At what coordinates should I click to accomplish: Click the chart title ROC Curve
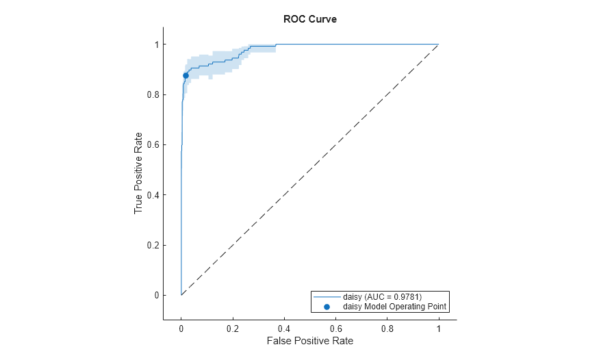point(309,19)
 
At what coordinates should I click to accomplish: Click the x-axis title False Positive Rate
point(309,340)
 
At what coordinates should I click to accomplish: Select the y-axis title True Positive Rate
point(138,172)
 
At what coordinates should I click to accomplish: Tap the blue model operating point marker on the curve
point(186,75)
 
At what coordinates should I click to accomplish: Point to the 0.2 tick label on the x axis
point(232,327)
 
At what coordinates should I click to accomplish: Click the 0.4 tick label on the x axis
point(283,327)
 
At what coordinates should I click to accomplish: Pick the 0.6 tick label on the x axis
point(335,327)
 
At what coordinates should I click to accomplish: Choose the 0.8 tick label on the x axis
point(387,327)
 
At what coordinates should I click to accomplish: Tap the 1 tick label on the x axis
point(438,327)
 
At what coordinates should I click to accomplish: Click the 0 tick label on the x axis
point(181,327)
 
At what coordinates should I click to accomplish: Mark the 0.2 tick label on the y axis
point(151,245)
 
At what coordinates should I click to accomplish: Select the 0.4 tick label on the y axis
point(151,195)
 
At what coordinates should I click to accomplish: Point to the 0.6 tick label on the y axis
point(151,144)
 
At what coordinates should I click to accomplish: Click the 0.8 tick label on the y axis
point(151,94)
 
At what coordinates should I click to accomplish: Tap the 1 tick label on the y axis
point(155,44)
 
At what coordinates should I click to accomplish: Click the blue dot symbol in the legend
point(327,307)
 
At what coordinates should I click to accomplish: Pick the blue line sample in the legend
point(327,296)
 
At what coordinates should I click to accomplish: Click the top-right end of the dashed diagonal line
point(437,44)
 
